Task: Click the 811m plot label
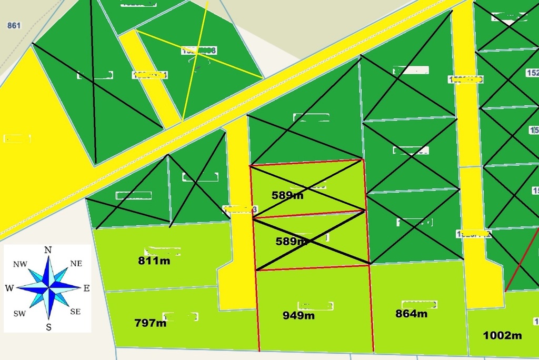[154, 260]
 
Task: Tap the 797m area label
[150, 323]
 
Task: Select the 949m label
[298, 315]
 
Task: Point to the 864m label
[411, 314]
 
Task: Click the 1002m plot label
[502, 335]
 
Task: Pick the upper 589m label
[287, 195]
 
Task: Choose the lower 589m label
[292, 242]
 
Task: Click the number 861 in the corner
[14, 25]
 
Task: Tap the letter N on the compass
[48, 250]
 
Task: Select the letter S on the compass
[48, 327]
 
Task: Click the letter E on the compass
[86, 288]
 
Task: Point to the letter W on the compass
[9, 288]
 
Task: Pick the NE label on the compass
[76, 263]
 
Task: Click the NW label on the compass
[20, 264]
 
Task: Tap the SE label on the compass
[75, 312]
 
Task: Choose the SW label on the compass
[19, 313]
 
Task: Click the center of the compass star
[48, 288]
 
